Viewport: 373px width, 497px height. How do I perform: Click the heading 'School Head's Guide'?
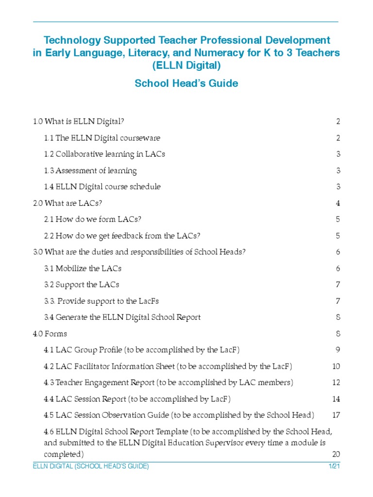(x=186, y=83)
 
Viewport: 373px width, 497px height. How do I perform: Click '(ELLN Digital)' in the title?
(x=186, y=66)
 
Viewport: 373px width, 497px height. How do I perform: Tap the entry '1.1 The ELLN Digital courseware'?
(x=102, y=138)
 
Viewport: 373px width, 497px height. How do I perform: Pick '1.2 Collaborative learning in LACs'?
(x=104, y=154)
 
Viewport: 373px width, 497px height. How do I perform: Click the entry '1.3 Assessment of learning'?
(x=90, y=170)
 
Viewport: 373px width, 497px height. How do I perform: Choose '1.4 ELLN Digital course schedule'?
(x=102, y=187)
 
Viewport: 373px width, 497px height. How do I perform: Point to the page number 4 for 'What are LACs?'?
(x=338, y=203)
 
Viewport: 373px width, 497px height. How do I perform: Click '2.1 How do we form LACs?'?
(x=92, y=219)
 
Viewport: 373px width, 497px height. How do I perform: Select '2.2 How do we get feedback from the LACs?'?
(x=122, y=236)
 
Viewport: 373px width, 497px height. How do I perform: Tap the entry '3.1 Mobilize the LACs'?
(x=83, y=268)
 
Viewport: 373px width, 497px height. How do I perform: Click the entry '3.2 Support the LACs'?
(x=82, y=285)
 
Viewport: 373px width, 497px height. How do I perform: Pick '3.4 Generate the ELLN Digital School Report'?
(x=122, y=317)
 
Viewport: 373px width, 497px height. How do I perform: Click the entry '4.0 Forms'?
(x=50, y=334)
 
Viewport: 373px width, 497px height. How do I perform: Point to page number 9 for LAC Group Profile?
(x=338, y=350)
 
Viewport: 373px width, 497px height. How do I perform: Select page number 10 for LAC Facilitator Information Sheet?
(x=336, y=366)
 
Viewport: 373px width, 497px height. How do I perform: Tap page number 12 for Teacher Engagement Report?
(x=336, y=383)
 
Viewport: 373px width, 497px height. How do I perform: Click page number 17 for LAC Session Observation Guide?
(x=336, y=415)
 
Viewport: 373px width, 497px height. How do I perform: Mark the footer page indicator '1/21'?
(x=334, y=466)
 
